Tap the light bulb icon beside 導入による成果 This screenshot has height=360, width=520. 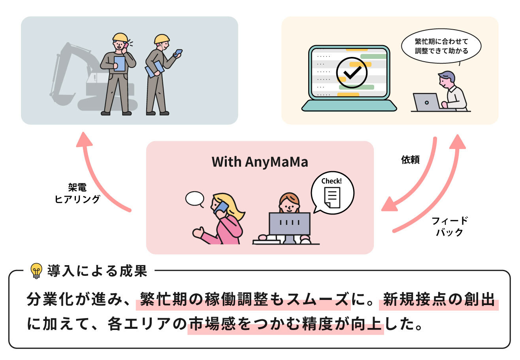click(36, 271)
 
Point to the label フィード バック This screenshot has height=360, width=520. click(450, 226)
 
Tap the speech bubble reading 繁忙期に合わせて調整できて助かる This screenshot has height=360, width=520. click(441, 46)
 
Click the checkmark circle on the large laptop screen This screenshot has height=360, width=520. click(351, 73)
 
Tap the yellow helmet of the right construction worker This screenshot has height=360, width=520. click(162, 39)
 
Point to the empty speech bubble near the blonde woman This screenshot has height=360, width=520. click(194, 199)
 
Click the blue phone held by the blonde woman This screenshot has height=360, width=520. click(221, 207)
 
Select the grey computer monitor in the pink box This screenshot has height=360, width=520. click(289, 224)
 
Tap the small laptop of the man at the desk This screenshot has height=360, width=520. click(426, 102)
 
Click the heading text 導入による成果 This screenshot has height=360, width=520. click(97, 271)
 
